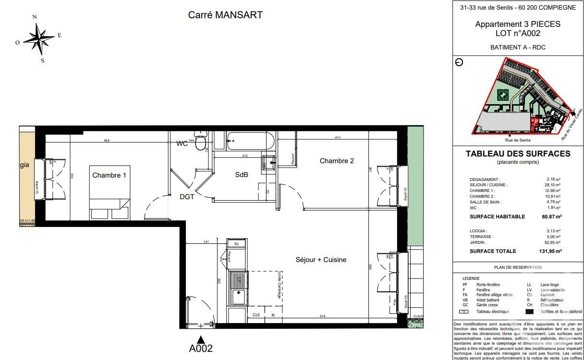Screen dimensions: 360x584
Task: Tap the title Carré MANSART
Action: click(x=225, y=15)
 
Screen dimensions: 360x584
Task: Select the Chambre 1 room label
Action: click(x=109, y=175)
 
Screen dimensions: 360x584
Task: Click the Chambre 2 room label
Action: click(x=337, y=161)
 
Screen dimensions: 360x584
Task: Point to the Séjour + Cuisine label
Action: click(x=321, y=260)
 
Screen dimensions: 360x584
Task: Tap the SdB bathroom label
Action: click(x=242, y=174)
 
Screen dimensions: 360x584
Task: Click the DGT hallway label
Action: click(x=187, y=196)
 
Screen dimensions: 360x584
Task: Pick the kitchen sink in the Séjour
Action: click(x=237, y=288)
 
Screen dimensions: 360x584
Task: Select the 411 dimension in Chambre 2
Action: click(x=338, y=138)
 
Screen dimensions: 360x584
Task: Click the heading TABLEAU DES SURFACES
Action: click(x=518, y=154)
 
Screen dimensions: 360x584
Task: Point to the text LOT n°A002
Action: click(x=518, y=34)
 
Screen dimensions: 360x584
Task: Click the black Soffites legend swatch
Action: click(x=530, y=312)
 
